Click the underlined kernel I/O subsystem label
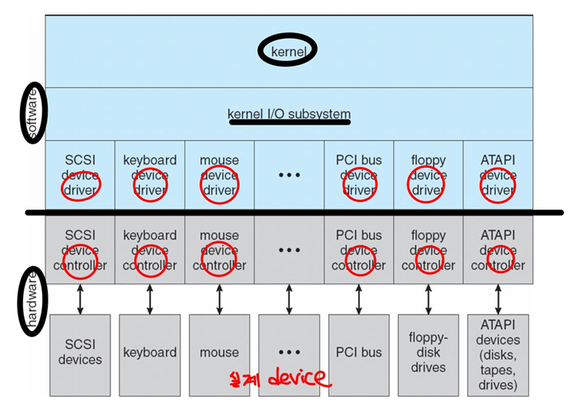[289, 114]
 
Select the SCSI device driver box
[80, 175]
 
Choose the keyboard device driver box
[149, 175]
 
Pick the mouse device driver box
[219, 175]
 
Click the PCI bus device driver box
[358, 175]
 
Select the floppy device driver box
[428, 175]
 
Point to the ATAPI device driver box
[498, 175]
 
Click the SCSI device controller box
[80, 250]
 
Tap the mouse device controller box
[219, 250]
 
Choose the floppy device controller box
[428, 250]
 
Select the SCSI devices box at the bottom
[80, 352]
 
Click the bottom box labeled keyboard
[149, 352]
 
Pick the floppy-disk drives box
[428, 352]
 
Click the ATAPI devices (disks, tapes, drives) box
[498, 352]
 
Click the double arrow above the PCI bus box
[358, 298]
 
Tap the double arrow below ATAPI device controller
[498, 298]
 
